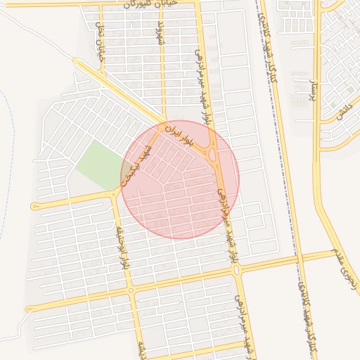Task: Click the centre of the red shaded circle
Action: click(x=180, y=179)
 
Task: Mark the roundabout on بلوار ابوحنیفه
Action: click(x=130, y=290)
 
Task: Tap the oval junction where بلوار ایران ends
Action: click(x=212, y=151)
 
